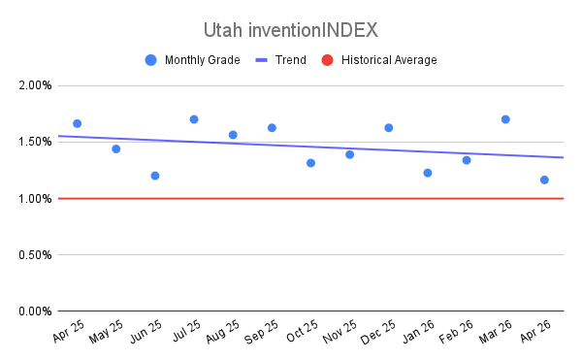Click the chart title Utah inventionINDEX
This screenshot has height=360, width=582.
[291, 30]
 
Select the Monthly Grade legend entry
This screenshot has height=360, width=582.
[193, 60]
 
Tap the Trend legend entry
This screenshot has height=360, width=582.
[281, 60]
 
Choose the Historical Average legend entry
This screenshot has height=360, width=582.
[379, 60]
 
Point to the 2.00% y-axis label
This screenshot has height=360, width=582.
[35, 85]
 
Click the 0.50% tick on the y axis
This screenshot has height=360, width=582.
[35, 255]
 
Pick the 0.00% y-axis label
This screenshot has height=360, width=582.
[35, 311]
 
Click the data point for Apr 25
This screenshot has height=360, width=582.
[78, 123]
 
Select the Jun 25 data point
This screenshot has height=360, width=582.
[155, 176]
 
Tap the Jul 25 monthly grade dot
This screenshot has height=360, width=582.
[194, 119]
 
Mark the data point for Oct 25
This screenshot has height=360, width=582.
[311, 163]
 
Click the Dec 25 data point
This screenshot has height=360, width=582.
[389, 128]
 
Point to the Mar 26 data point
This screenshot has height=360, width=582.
[505, 119]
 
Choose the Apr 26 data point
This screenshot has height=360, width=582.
[544, 180]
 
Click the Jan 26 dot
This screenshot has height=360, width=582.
[428, 173]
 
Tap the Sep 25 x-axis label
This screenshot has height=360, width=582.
[261, 332]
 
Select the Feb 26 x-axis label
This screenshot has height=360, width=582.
[456, 332]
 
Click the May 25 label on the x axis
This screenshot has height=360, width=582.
[106, 332]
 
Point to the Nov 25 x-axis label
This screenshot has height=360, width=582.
[339, 332]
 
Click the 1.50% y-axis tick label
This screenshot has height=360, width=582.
[35, 142]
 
